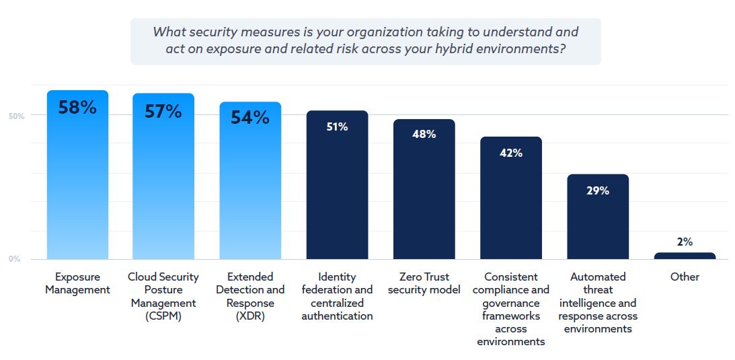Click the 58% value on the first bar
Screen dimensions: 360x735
tap(77, 108)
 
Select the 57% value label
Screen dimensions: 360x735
tap(163, 111)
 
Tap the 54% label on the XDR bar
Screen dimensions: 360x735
tap(250, 117)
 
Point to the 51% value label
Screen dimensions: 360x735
tap(337, 127)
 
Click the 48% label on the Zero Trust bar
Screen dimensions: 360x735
tap(424, 134)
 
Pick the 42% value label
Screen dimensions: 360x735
tap(510, 153)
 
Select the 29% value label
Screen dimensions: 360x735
tap(597, 190)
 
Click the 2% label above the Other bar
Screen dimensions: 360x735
tap(685, 242)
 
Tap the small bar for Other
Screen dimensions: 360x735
tap(685, 256)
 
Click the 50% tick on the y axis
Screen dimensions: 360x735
tap(16, 116)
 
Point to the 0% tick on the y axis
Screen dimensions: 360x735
tap(14, 259)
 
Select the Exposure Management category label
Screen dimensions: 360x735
tap(77, 283)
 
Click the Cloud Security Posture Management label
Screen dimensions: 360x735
tap(163, 296)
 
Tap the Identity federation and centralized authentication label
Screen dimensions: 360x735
tap(337, 296)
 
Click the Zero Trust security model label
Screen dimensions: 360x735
tap(424, 283)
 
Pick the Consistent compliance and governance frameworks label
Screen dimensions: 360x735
tap(510, 309)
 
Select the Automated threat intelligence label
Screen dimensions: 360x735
tap(597, 303)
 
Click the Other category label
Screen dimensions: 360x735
tap(685, 277)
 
